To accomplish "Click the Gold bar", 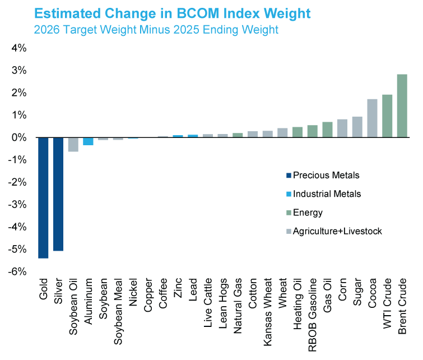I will (x=43, y=197).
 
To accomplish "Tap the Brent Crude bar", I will (x=402, y=105).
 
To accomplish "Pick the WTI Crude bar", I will (x=387, y=116).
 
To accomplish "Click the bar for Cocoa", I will (x=372, y=118).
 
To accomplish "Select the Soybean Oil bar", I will (x=73, y=144).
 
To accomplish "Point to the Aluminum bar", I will (x=88, y=141).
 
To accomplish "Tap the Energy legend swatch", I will (x=289, y=213).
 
